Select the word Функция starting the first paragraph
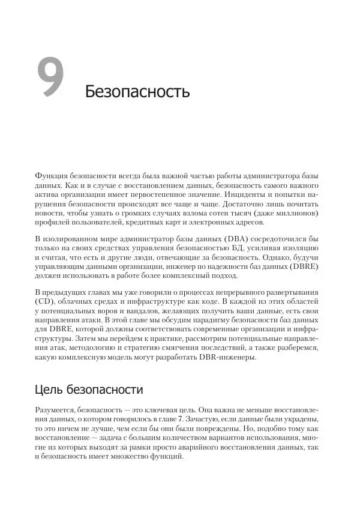[x=53, y=176]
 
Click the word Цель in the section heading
[x=48, y=390]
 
